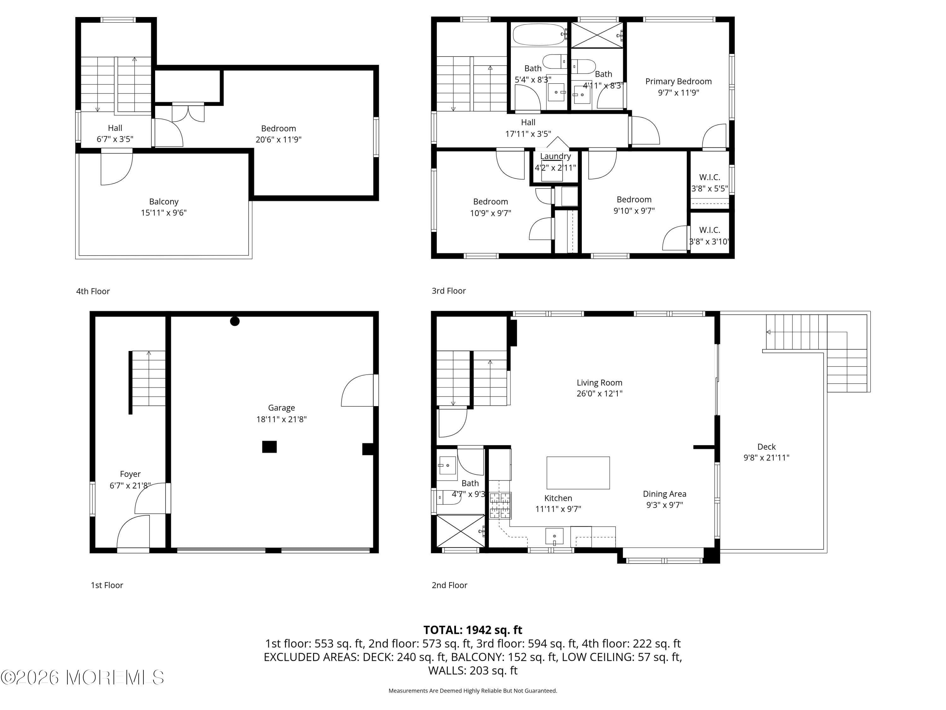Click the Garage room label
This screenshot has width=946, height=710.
coord(281,408)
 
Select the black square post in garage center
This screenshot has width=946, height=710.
coord(269,447)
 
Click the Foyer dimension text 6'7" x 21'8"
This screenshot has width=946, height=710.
coord(130,485)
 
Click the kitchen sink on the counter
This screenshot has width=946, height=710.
coord(554,536)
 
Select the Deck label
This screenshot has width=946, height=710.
coord(766,447)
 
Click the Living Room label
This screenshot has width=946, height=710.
coord(599,382)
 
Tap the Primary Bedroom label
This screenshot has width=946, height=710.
coord(678,81)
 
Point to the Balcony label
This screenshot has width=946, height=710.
coord(163,202)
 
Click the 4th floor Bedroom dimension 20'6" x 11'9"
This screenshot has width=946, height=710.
coord(278,139)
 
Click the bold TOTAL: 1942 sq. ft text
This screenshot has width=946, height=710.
coord(473,630)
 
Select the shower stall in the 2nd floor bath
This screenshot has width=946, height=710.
coord(460,531)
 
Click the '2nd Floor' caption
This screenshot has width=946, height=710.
coord(449,585)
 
